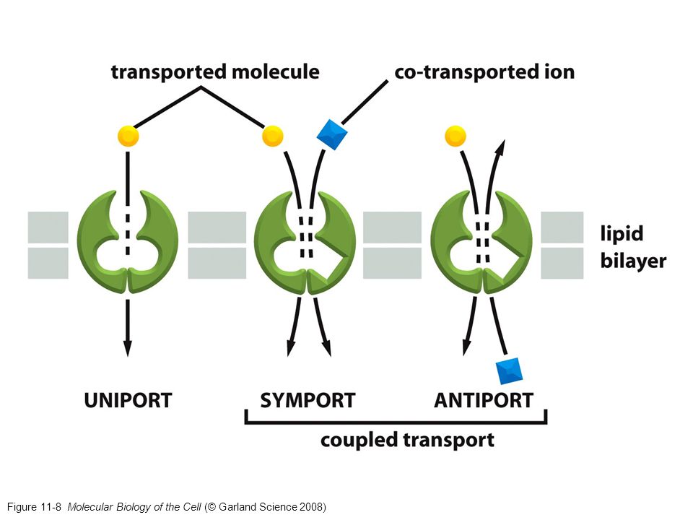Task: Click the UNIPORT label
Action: [128, 399]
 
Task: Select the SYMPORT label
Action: [308, 399]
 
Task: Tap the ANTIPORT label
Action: [483, 399]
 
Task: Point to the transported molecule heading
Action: [214, 72]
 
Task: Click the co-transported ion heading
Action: [484, 72]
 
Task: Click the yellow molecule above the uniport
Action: [128, 135]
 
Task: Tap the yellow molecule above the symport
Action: [273, 135]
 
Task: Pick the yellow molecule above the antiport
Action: [456, 135]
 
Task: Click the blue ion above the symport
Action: [333, 136]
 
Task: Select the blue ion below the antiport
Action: [510, 370]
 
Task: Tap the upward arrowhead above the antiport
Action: [499, 147]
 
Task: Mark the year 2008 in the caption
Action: [310, 506]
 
